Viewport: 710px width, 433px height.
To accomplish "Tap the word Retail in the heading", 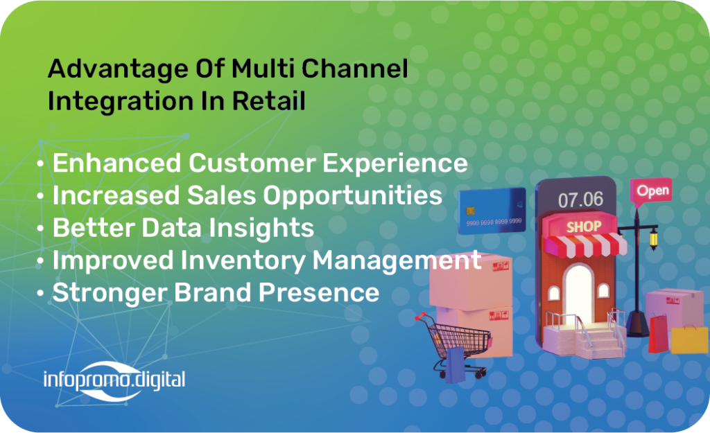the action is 269,100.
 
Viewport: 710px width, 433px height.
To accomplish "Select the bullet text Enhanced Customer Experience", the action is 260,164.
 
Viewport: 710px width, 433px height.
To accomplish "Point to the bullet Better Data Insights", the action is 183,228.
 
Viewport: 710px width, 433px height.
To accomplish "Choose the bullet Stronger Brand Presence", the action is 216,293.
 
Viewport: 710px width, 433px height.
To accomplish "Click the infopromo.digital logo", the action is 114,380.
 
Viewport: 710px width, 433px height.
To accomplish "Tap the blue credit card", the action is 492,211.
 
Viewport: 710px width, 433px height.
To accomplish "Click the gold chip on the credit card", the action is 471,211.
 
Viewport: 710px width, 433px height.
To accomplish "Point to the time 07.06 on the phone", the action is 580,200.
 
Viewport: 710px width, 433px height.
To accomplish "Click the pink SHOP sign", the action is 584,227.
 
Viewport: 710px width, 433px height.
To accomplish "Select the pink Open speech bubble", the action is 651,191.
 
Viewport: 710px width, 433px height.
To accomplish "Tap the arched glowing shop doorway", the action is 578,294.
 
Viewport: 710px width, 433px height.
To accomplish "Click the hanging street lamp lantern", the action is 653,238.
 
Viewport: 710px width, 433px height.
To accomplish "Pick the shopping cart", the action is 453,344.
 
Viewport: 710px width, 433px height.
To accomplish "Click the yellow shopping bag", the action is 689,339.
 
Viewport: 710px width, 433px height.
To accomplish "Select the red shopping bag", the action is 659,334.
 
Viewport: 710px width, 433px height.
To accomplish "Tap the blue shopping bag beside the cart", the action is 456,364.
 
